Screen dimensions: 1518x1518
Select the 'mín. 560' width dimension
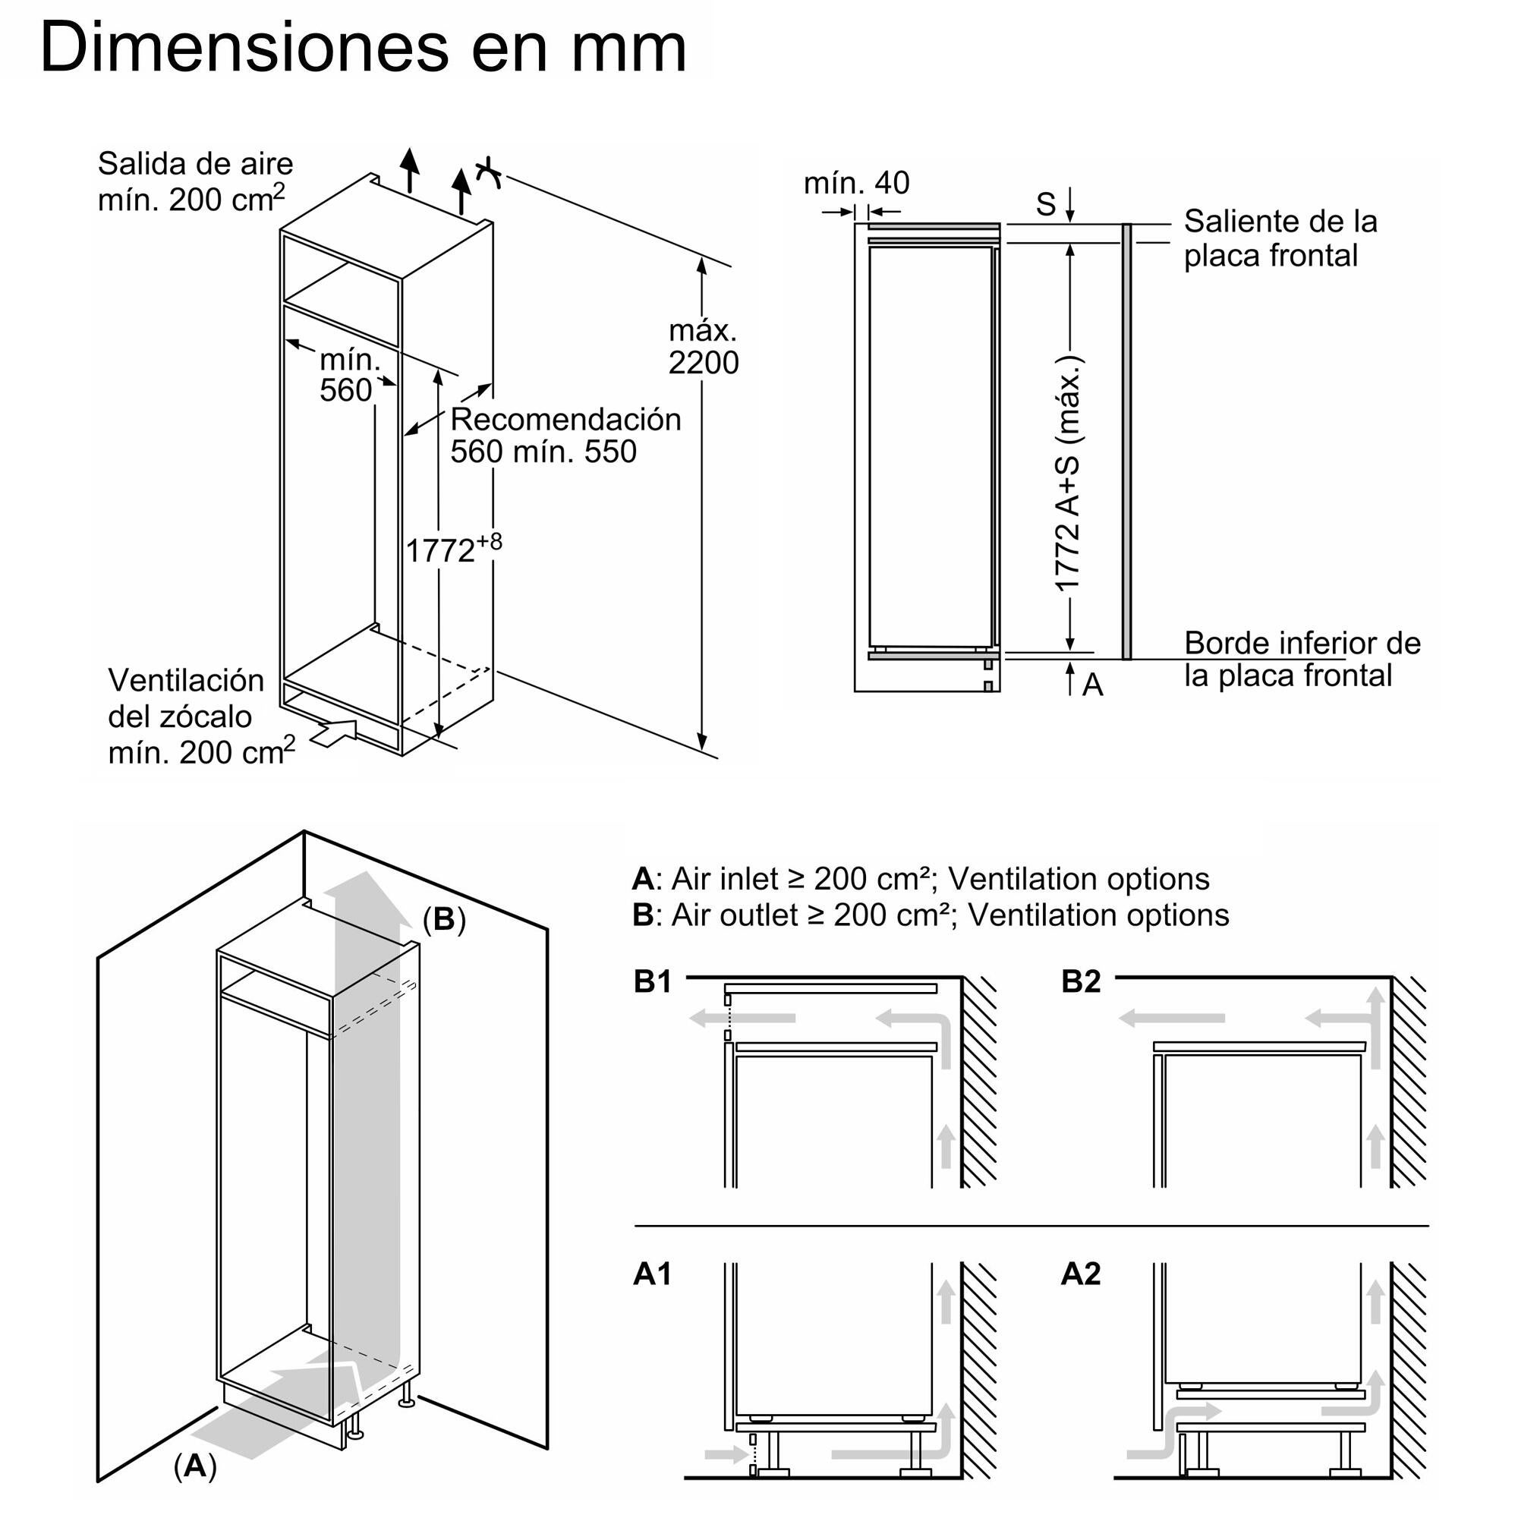348,375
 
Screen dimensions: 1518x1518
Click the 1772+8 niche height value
452,549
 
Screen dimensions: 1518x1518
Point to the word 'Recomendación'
565,420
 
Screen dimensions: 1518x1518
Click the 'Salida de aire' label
195,164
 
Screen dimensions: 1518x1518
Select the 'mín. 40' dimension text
855,183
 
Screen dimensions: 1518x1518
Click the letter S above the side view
1045,204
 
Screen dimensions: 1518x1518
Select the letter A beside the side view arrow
1092,685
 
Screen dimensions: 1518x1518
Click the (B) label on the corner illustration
444,919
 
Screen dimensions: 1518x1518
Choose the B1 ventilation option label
652,982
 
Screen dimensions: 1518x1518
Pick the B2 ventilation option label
1080,982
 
